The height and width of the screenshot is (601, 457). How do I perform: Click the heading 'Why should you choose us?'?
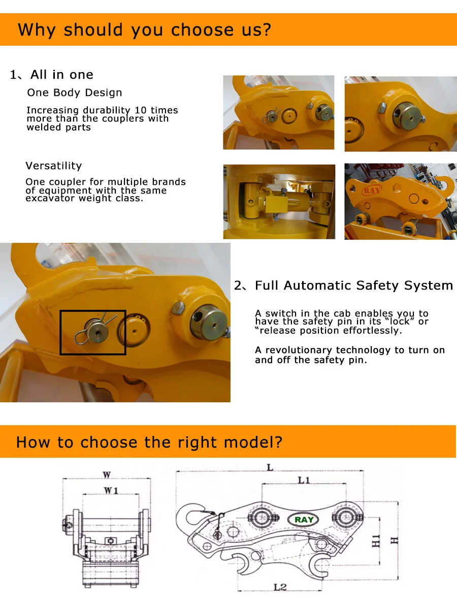pyautogui.click(x=144, y=30)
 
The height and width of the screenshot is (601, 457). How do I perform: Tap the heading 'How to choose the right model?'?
pyautogui.click(x=149, y=442)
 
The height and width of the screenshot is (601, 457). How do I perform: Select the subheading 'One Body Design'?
pyautogui.click(x=75, y=93)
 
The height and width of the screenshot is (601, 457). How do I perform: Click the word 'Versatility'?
pyautogui.click(x=54, y=166)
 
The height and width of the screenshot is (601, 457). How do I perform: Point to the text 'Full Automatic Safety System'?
pyautogui.click(x=353, y=285)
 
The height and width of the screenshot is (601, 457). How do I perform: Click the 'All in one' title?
pyautogui.click(x=61, y=74)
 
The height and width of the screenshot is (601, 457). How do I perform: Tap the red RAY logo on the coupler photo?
pyautogui.click(x=372, y=189)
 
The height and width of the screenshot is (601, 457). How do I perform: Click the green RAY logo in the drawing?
pyautogui.click(x=304, y=520)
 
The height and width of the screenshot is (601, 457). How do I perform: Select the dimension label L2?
pyautogui.click(x=280, y=587)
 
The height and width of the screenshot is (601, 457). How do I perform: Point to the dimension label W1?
pyautogui.click(x=111, y=490)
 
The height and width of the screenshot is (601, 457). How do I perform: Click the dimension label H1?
pyautogui.click(x=376, y=541)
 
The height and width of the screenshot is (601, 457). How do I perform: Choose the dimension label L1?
pyautogui.click(x=304, y=480)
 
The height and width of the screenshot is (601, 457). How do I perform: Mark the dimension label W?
pyautogui.click(x=107, y=475)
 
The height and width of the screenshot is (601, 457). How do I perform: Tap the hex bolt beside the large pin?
pyautogui.click(x=178, y=308)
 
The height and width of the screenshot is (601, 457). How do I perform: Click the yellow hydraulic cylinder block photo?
pyautogui.click(x=279, y=202)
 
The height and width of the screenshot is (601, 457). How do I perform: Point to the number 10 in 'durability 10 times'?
pyautogui.click(x=141, y=110)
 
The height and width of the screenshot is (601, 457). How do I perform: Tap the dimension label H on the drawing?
pyautogui.click(x=394, y=541)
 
